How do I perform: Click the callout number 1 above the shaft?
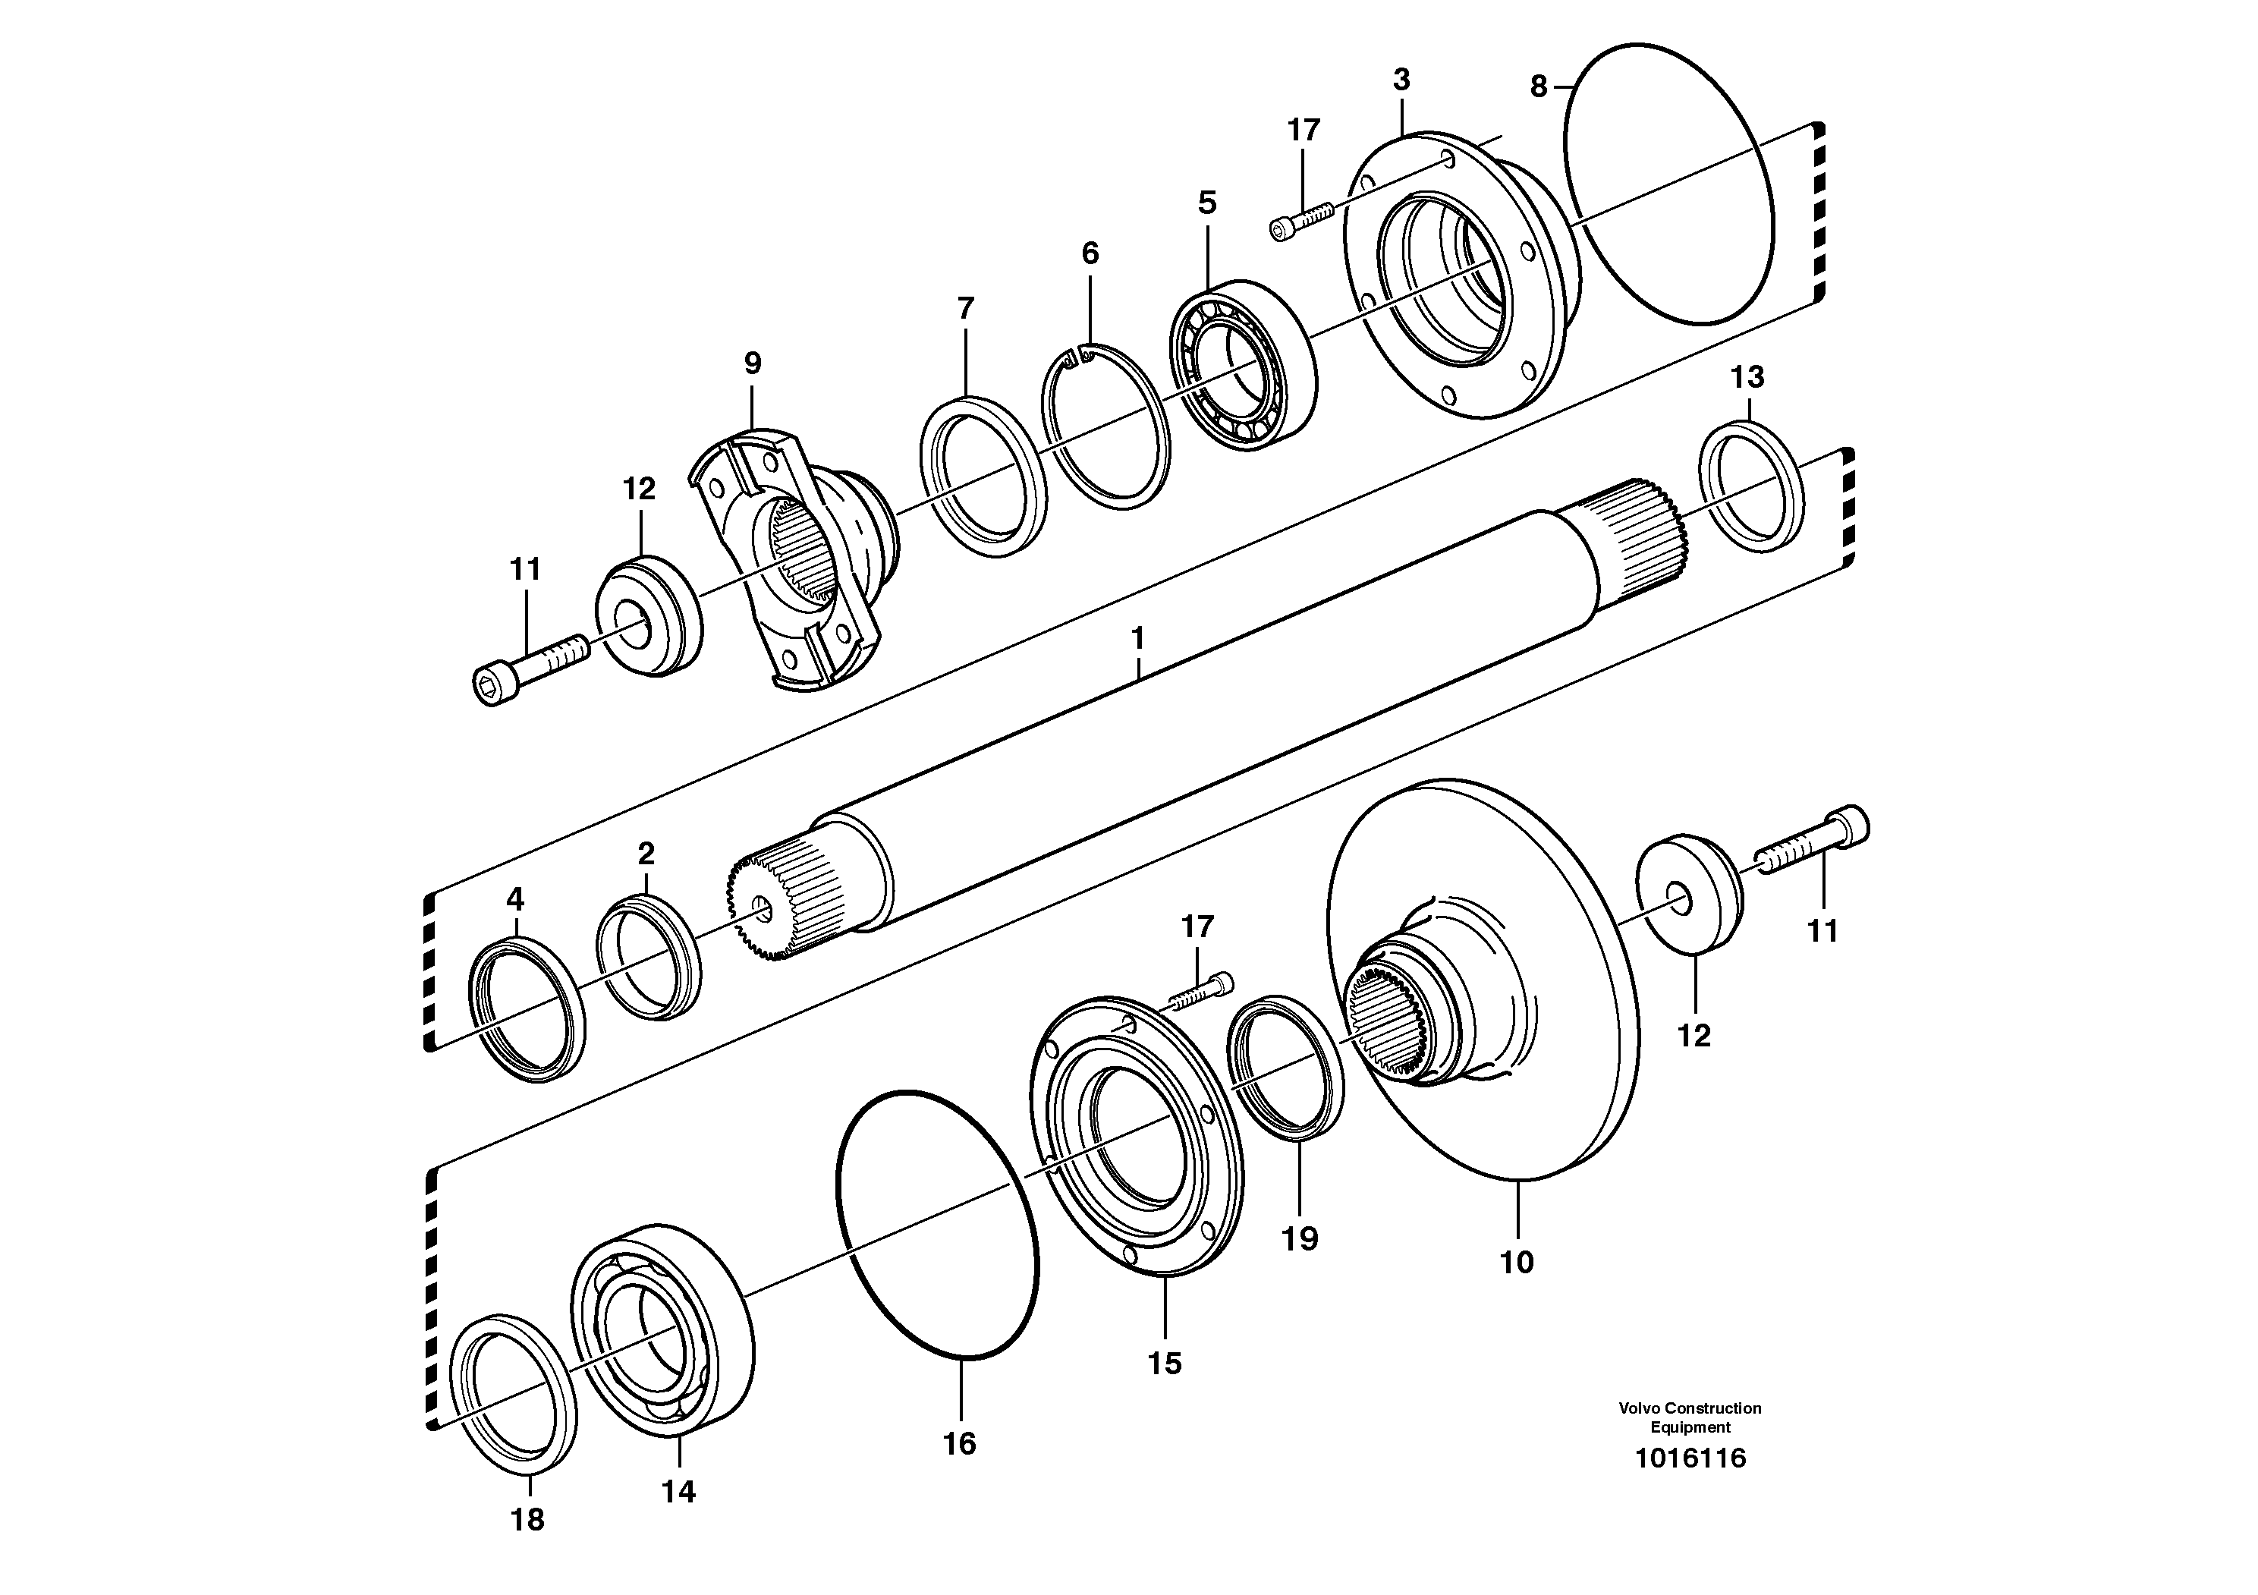point(1138,639)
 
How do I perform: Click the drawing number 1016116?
point(1690,1458)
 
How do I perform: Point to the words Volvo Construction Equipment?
point(1690,1417)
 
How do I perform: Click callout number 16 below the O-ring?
point(959,1443)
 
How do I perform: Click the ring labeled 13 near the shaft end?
point(1751,486)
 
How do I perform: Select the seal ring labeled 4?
point(528,1010)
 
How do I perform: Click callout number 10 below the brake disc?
point(1515,1263)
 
